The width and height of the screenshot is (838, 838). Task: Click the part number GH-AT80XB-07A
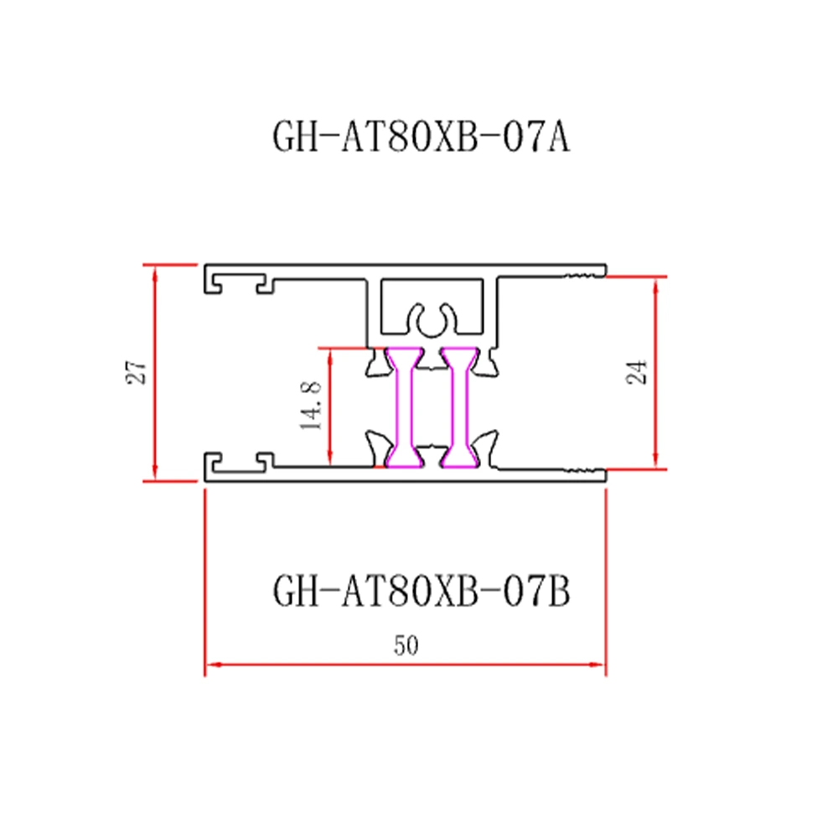coord(422,137)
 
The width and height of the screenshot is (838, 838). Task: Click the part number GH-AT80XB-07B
coord(422,591)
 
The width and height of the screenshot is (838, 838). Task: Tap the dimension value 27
coord(136,372)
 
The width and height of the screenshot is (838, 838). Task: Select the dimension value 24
coord(637,372)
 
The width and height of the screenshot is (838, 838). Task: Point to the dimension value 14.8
coord(311,405)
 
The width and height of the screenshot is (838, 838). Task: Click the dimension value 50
coord(406,645)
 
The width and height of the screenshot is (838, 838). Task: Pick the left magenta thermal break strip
coord(404,407)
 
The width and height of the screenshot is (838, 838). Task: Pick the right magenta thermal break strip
coord(458,407)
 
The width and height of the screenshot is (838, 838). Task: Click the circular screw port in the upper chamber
coord(432,322)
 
